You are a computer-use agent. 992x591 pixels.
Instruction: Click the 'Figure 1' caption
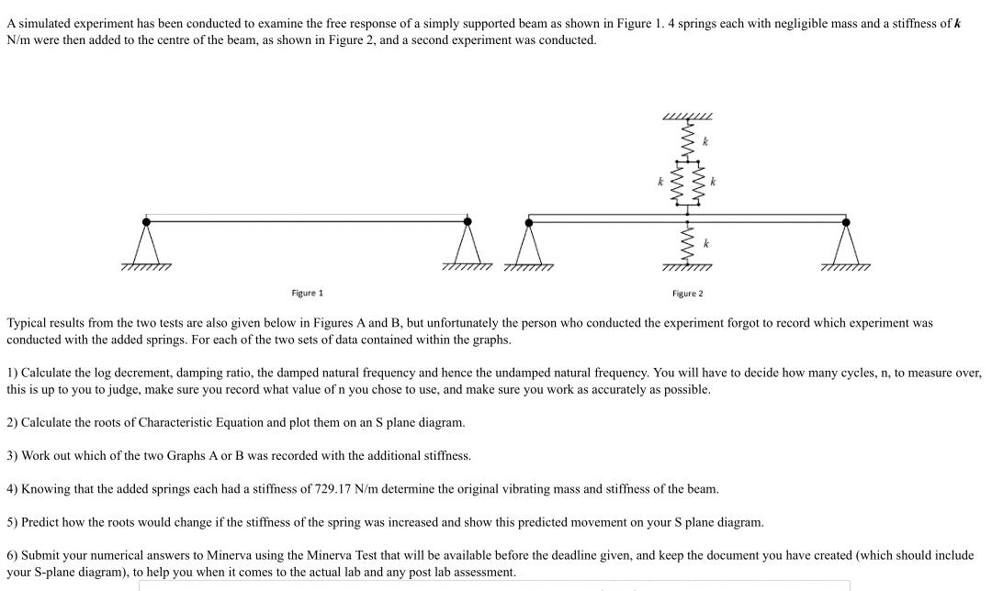308,293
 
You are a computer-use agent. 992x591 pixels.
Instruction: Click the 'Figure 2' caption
687,294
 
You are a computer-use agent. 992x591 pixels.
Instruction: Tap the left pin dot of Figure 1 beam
146,221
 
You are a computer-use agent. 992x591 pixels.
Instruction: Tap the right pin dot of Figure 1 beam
468,221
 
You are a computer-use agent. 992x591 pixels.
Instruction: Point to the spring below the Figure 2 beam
687,244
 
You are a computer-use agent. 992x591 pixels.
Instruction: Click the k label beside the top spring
705,142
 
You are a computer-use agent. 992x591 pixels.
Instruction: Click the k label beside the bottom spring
705,244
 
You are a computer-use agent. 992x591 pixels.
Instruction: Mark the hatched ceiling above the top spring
687,117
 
